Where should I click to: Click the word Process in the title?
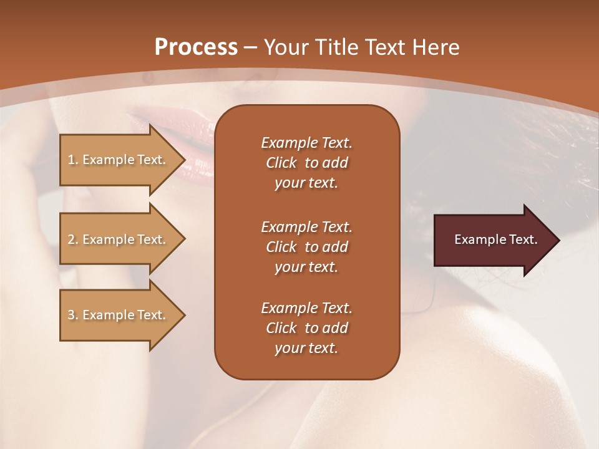tap(196, 47)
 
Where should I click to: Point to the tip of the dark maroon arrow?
tap(558, 240)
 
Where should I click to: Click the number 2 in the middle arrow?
tap(71, 239)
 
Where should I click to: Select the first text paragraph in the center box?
tap(306, 163)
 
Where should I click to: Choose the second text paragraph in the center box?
tap(306, 247)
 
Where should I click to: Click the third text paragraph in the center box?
tap(306, 328)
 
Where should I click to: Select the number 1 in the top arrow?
tap(71, 160)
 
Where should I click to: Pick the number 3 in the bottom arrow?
tap(71, 315)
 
